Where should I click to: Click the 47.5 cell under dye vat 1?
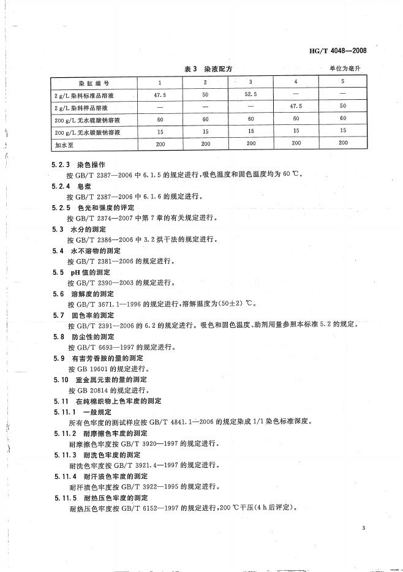160,94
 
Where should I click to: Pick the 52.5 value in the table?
250,94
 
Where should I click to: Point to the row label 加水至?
64,143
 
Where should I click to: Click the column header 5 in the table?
343,82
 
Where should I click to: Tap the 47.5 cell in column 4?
296,107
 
